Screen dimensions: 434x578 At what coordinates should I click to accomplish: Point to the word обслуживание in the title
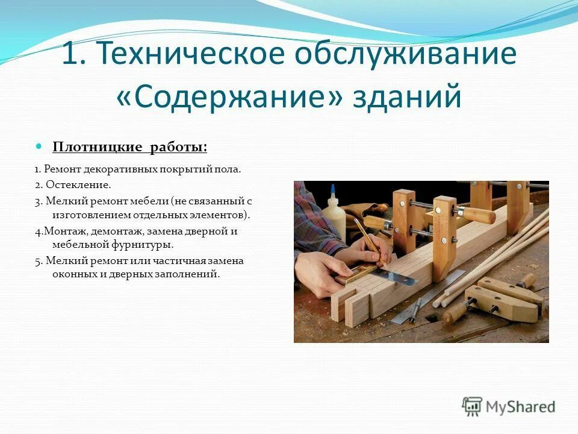coord(405,54)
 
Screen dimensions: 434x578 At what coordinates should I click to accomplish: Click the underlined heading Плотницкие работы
coord(130,147)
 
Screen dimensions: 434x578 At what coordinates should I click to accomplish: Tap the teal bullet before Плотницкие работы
coord(40,146)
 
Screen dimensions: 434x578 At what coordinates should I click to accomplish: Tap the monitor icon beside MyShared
coord(473,406)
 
